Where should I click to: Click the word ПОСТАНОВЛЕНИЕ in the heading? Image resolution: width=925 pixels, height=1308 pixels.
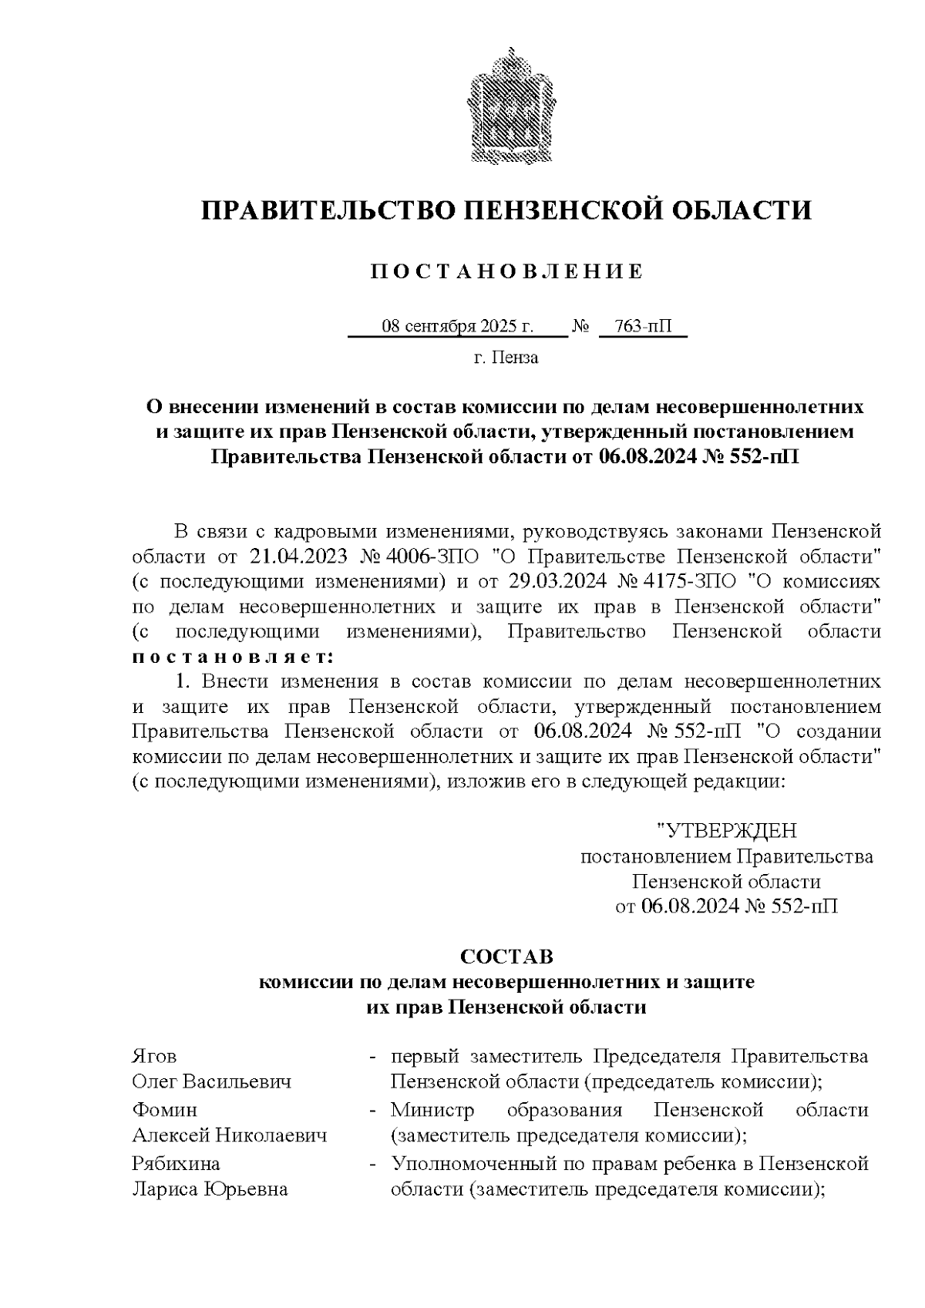pos(506,271)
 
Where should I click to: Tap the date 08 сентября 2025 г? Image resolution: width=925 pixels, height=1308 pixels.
pos(458,327)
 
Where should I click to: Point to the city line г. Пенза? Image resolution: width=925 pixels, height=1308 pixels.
pos(506,358)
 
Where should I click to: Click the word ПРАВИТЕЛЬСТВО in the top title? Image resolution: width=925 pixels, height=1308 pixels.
pos(324,210)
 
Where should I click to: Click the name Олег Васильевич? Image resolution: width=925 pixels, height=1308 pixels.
pos(211,1081)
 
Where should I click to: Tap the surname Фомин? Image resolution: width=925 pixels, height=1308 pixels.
pos(164,1110)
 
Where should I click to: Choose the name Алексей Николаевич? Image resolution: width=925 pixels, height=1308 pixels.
pos(229,1135)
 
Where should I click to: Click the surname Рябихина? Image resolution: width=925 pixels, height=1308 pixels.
pos(176,1163)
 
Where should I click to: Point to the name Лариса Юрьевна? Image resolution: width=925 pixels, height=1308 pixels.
pos(210,1189)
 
